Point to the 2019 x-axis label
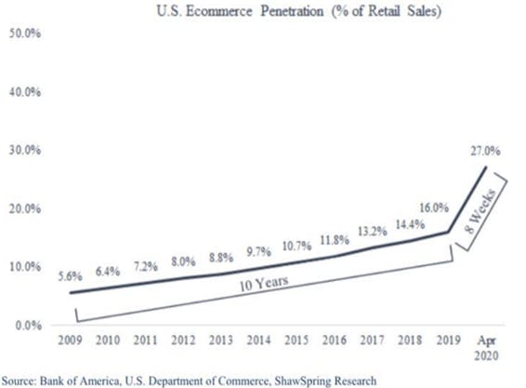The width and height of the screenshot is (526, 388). [x=448, y=341]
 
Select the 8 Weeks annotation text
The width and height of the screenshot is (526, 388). [x=481, y=210]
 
